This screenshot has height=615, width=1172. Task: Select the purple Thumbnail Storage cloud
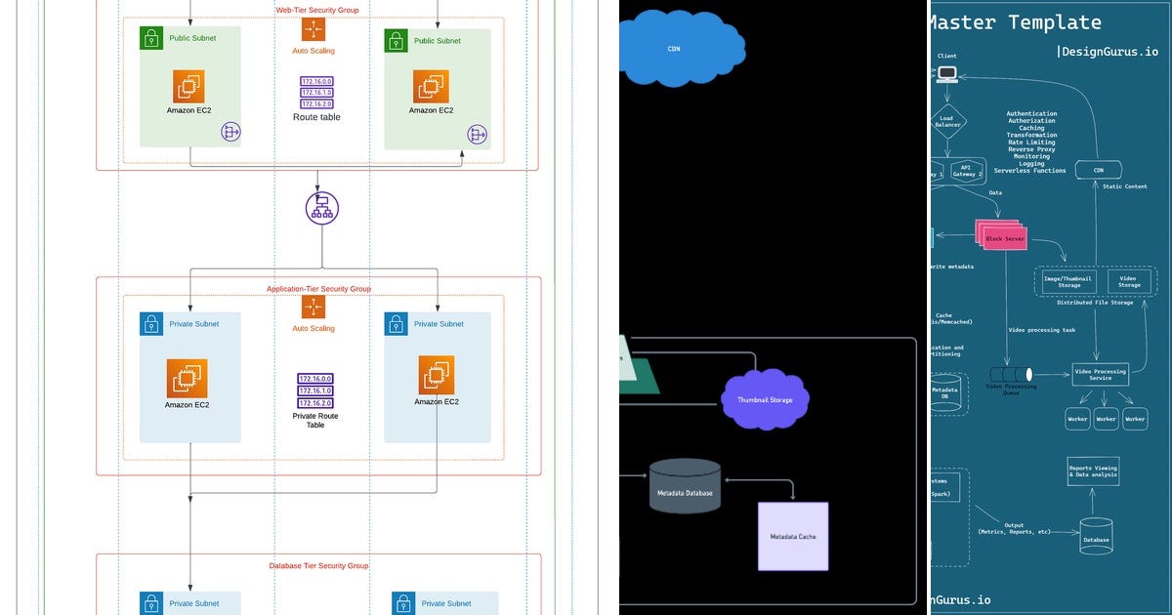pos(766,398)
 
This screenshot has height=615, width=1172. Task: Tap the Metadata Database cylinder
pos(685,485)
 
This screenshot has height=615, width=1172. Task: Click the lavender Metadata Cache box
pos(793,536)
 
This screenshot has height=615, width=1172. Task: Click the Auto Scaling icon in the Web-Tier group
pos(314,29)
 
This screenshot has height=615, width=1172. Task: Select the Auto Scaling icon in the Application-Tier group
pos(314,307)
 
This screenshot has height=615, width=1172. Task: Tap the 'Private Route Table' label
pos(315,420)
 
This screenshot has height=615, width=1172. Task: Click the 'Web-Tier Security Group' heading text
pos(316,10)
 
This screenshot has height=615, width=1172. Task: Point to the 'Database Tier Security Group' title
pos(318,565)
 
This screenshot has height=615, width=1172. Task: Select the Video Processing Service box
pos(1100,374)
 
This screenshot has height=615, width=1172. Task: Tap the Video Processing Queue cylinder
pos(1011,374)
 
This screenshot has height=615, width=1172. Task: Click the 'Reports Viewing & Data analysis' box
pos(1093,471)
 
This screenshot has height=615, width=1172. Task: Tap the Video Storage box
pos(1128,282)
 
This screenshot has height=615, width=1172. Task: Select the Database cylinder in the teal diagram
pos(1096,537)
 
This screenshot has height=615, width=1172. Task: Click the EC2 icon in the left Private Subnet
pos(187,378)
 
